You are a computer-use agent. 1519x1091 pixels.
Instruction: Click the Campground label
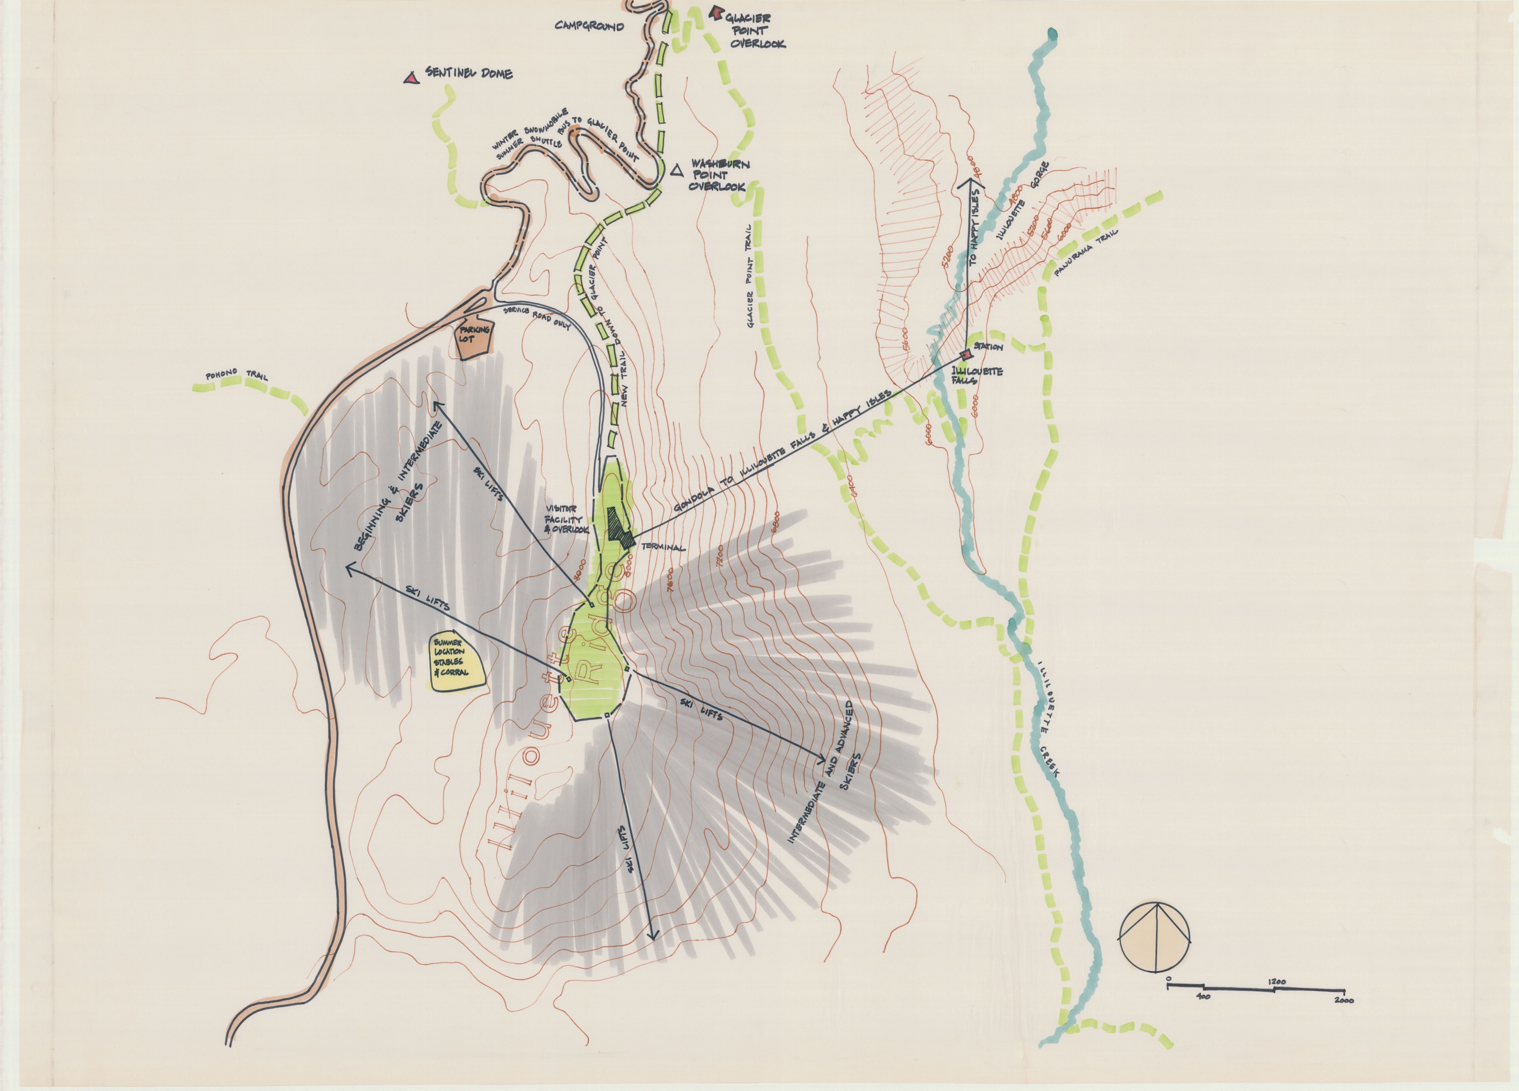point(589,27)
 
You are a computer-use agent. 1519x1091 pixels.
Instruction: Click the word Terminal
point(663,547)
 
